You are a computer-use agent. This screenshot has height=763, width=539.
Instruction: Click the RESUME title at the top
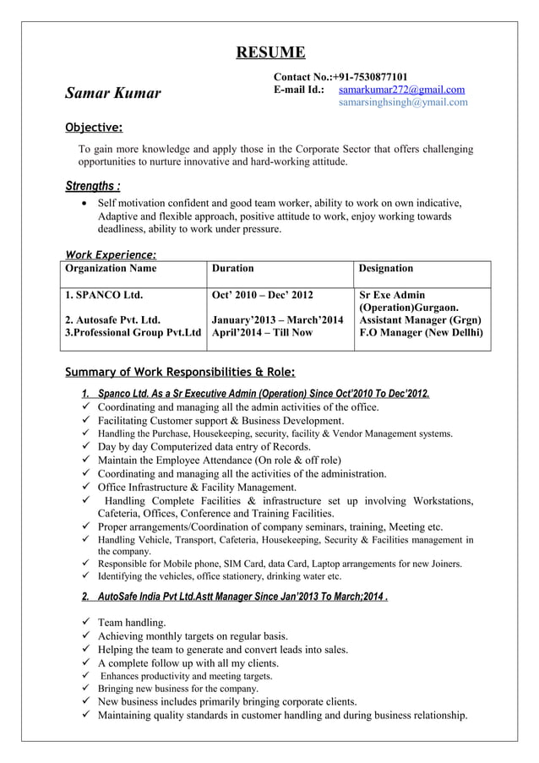coord(269,53)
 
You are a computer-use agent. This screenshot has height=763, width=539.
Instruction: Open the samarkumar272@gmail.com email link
coord(401,90)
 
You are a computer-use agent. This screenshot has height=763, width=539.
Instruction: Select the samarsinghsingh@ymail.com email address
coord(403,102)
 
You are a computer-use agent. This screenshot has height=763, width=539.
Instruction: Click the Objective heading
coord(95,128)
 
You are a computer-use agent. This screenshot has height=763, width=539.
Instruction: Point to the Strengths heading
coord(92,185)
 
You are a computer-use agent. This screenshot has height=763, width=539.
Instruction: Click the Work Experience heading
coord(111,254)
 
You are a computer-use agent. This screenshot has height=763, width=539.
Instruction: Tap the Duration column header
coord(232,268)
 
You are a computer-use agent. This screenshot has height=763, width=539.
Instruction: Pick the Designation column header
coord(386,268)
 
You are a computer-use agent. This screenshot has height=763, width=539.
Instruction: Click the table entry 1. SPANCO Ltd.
coord(104,296)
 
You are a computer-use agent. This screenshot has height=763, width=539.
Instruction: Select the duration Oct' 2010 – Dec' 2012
coord(262,296)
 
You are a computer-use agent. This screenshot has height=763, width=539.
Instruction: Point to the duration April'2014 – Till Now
coord(261,333)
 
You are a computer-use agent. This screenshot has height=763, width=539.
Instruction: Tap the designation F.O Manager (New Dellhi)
coord(421,333)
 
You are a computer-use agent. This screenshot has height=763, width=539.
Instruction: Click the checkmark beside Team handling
coord(86,623)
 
